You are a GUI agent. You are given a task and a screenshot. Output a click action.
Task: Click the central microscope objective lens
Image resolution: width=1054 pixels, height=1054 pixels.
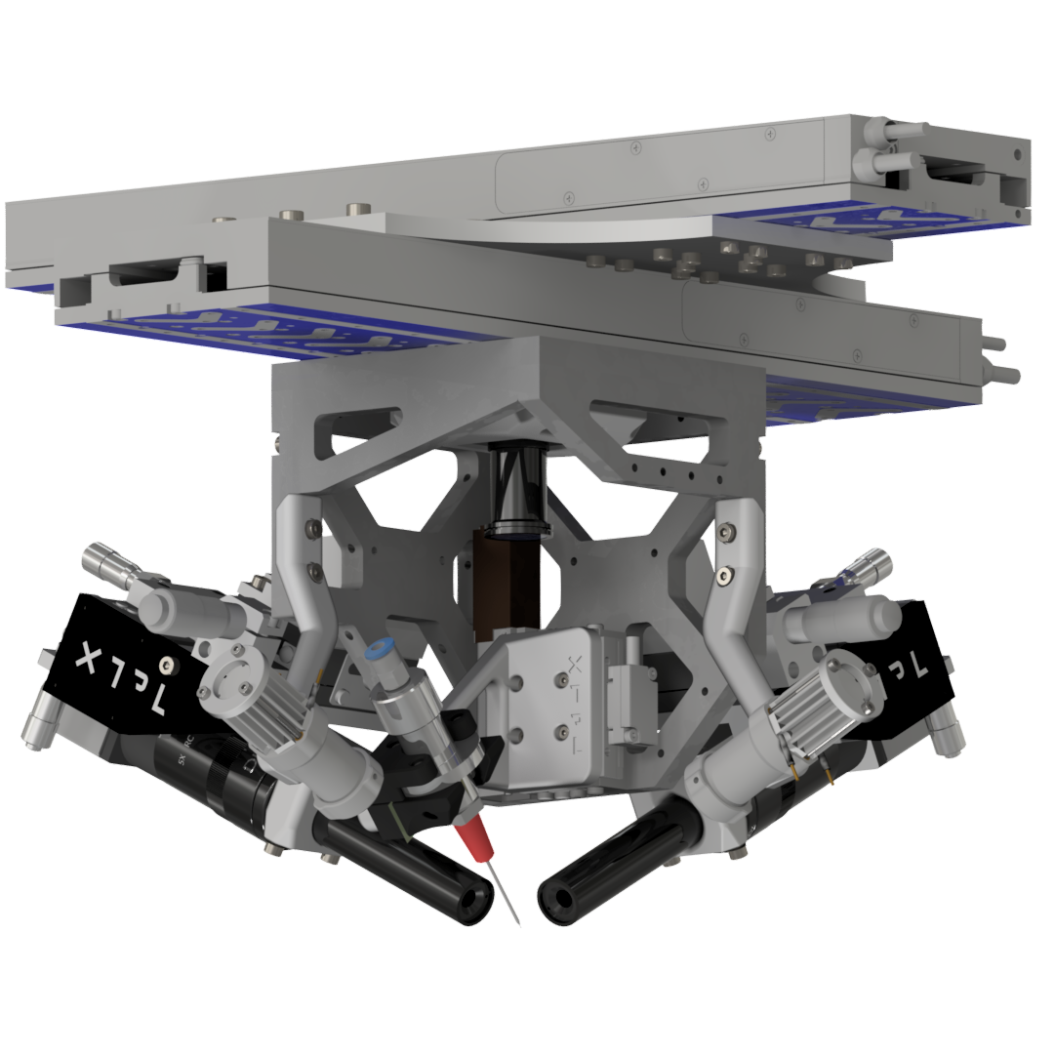point(517,498)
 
